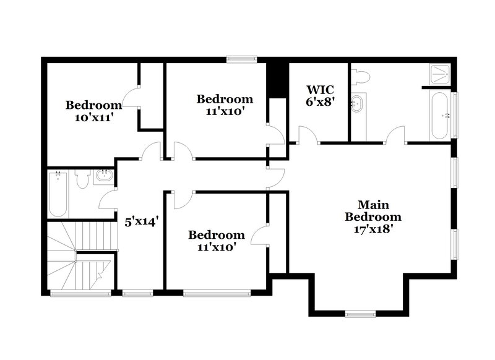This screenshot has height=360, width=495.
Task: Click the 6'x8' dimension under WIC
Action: (x=320, y=102)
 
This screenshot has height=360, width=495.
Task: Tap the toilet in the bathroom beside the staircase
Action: (x=82, y=179)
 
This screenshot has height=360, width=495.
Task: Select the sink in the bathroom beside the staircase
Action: (x=104, y=178)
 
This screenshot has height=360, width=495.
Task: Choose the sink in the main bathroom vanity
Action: (x=358, y=103)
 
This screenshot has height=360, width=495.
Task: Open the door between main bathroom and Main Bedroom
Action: (x=395, y=134)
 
